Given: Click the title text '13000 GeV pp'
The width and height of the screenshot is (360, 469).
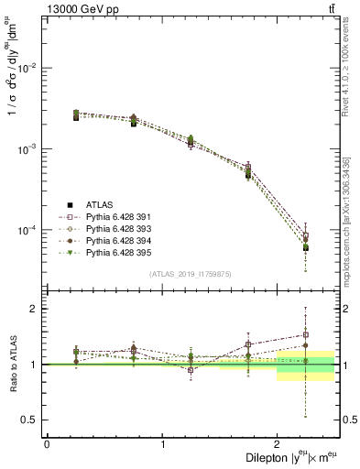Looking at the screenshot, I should (78, 8).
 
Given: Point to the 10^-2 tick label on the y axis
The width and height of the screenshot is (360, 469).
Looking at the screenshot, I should (29, 68).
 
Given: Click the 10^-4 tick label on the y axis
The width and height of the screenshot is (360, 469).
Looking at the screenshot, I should (29, 229).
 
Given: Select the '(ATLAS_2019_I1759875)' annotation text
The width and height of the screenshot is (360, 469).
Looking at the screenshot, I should (191, 273).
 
